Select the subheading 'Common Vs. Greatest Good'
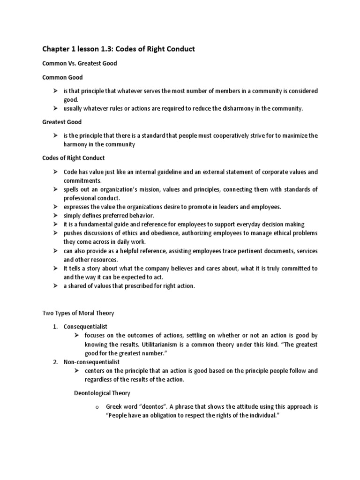79,63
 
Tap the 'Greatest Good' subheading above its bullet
62,122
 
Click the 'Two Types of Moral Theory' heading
78,313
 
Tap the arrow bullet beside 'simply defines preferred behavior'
55,216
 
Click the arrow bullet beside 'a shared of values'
55,286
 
